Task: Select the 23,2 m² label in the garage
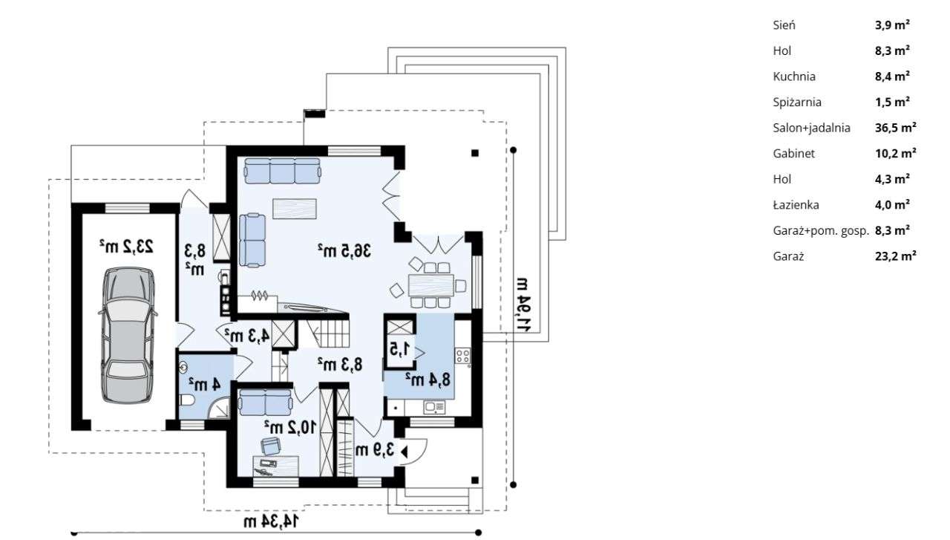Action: (126, 246)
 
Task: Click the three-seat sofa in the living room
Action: (283, 171)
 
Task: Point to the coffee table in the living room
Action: (295, 209)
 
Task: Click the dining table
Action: (430, 285)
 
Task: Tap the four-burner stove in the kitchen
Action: (462, 356)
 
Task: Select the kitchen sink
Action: (434, 408)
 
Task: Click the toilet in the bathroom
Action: (186, 400)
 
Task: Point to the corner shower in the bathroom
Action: (220, 409)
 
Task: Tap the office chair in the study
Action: (271, 446)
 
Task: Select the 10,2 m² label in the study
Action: (290, 426)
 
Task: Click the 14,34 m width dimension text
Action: (271, 521)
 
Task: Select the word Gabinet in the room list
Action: (793, 153)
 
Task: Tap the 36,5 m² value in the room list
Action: (895, 128)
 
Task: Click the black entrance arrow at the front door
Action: (404, 452)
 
